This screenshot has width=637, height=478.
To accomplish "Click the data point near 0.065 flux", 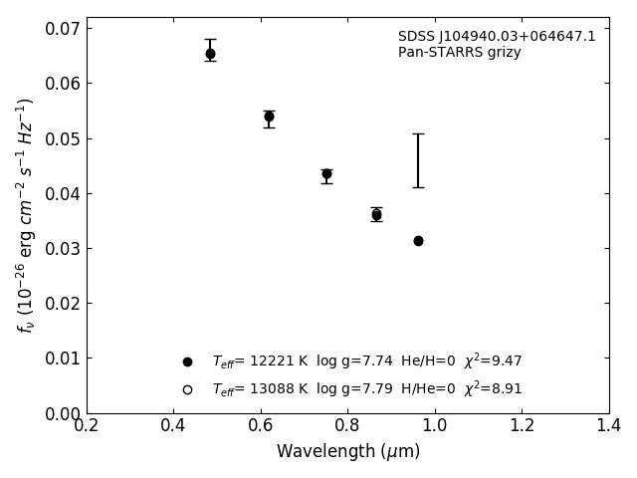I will (210, 54).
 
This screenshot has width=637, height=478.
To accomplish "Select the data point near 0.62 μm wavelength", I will (269, 117).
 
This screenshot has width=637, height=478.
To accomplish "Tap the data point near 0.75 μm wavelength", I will (326, 173).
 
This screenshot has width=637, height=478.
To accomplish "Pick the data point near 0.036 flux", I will (376, 214).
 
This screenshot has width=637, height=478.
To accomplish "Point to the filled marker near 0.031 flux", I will (418, 241).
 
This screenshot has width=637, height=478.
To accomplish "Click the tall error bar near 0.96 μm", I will (418, 160).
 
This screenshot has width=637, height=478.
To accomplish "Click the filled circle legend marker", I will (187, 361).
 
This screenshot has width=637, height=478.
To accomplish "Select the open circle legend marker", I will (187, 389).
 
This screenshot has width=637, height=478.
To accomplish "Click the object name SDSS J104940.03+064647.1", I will (497, 37).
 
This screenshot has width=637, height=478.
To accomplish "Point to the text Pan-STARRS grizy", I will (459, 53).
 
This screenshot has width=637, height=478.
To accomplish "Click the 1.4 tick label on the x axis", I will (608, 426).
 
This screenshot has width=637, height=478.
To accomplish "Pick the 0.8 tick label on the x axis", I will (347, 426).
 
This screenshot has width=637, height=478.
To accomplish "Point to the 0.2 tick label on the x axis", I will (87, 426).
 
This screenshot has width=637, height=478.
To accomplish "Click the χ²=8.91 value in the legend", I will (493, 388).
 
